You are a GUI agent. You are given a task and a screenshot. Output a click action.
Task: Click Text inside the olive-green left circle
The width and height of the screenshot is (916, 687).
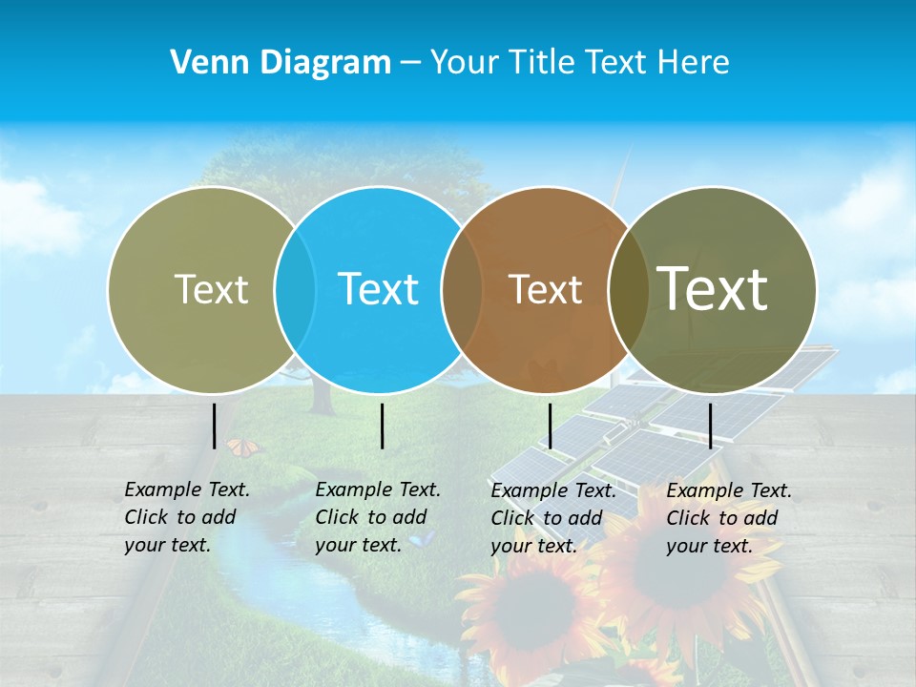click(x=211, y=289)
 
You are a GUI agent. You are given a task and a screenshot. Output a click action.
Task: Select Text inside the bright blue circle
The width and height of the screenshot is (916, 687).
click(x=379, y=289)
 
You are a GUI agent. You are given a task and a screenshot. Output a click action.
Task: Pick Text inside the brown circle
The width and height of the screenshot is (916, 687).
click(x=546, y=289)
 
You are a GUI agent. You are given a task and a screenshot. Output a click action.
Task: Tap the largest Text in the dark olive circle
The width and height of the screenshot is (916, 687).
click(x=713, y=289)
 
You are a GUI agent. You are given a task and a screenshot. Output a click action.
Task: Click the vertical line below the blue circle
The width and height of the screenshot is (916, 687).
click(x=382, y=426)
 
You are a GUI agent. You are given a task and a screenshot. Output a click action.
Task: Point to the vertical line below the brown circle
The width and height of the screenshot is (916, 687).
click(x=550, y=426)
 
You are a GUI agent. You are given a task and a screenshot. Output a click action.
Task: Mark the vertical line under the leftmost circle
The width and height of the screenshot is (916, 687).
click(x=215, y=426)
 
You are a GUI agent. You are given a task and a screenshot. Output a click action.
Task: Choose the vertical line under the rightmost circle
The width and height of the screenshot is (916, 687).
click(x=710, y=426)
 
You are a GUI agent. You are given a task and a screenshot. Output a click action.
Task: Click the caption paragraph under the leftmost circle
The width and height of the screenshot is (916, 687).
click(x=187, y=517)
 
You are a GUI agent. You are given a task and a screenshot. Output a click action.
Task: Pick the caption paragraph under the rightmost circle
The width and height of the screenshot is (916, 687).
click(x=729, y=518)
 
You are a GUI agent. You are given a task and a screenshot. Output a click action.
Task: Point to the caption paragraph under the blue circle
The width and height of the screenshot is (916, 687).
click(x=378, y=517)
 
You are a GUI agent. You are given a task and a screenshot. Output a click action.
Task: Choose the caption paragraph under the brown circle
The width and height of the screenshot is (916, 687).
click(x=553, y=518)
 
